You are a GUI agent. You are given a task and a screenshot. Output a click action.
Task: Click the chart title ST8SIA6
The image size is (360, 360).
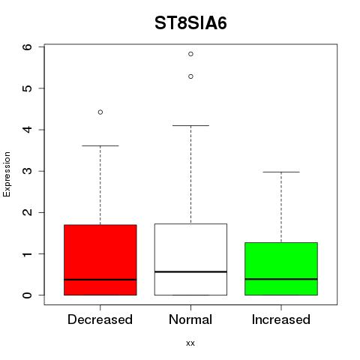[190, 23]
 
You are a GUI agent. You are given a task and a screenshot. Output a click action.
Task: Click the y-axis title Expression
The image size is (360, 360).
[7, 174]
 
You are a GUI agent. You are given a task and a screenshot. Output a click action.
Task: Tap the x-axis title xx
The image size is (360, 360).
[190, 343]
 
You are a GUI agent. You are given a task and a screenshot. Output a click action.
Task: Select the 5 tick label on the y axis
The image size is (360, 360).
[28, 88]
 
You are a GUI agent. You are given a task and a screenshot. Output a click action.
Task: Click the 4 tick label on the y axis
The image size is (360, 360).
[28, 130]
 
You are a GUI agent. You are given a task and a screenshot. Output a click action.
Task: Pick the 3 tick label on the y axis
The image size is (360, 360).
[28, 171]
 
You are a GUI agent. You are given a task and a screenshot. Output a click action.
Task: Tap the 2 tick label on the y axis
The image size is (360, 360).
[28, 212]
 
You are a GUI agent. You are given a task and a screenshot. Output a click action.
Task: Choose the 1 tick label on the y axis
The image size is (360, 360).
[28, 253]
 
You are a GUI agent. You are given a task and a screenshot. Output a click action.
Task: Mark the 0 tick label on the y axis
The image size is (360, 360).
[28, 295]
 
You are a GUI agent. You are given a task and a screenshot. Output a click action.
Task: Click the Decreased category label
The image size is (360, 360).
[100, 319]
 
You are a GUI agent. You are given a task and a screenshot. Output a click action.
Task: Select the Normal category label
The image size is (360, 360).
[190, 319]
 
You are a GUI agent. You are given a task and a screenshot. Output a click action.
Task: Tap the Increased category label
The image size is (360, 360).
[281, 319]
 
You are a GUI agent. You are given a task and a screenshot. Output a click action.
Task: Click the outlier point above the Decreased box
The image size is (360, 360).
[100, 112]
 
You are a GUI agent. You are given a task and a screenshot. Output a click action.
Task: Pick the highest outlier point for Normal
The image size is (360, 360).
[190, 54]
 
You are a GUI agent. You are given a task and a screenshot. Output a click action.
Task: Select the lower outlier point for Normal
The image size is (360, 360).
[190, 76]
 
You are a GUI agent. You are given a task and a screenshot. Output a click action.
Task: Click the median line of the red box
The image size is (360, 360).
[100, 280]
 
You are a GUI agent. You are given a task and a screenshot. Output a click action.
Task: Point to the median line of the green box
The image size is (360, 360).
[281, 279]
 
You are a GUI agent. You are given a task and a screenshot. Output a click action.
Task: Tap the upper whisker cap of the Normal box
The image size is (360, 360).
[190, 125]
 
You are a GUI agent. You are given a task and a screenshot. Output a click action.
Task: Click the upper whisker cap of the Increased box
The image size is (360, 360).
[281, 172]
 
